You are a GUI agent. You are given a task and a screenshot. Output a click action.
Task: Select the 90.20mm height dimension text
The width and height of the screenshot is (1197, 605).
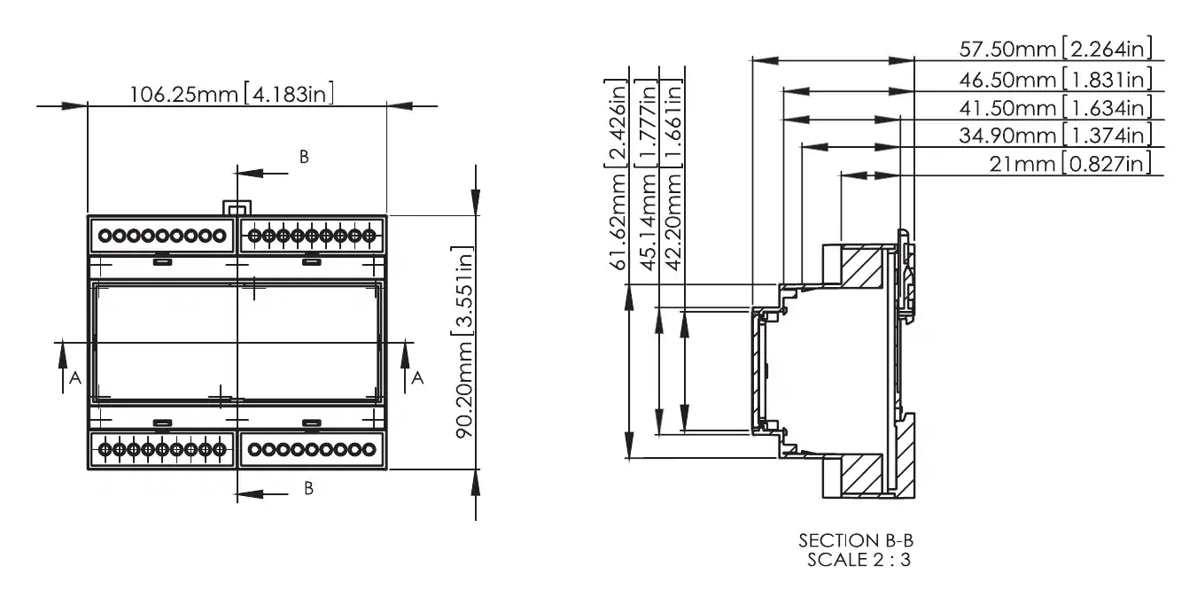pyautogui.click(x=462, y=341)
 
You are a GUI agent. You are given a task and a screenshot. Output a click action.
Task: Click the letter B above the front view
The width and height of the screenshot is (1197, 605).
pyautogui.click(x=303, y=157)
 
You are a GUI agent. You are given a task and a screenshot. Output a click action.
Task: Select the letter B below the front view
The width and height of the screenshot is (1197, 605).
pyautogui.click(x=308, y=488)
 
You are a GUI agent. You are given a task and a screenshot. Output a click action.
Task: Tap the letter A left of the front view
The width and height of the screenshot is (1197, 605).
pyautogui.click(x=75, y=378)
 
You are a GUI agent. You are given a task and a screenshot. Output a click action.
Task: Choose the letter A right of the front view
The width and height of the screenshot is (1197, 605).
pyautogui.click(x=418, y=378)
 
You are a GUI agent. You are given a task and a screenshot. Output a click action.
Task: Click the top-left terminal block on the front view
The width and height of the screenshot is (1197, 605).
pyautogui.click(x=160, y=236)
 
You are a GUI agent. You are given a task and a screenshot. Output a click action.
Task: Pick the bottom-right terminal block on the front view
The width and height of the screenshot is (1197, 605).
pyautogui.click(x=311, y=450)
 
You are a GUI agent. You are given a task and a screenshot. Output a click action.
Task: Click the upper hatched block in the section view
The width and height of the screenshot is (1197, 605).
pyautogui.click(x=859, y=267)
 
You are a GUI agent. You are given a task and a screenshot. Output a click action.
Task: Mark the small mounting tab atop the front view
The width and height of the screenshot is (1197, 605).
pyautogui.click(x=234, y=207)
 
